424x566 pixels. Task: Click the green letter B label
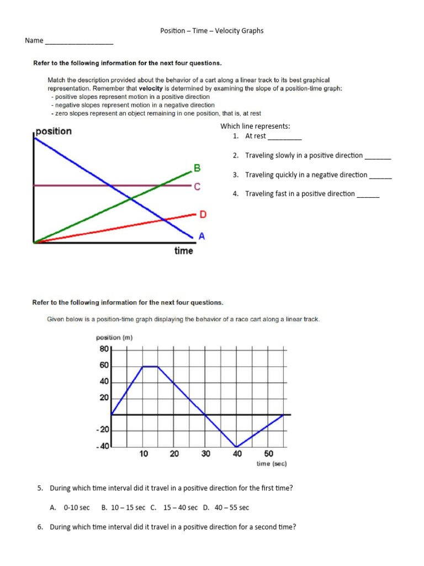tap(197, 167)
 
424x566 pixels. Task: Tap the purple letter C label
tap(197, 187)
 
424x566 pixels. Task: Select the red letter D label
tap(203, 214)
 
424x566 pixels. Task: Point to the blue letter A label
tap(202, 236)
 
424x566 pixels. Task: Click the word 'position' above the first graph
tap(54, 132)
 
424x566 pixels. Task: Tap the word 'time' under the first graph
tap(184, 251)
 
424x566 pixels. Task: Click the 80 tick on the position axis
tap(104, 349)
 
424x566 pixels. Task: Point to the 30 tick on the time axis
tap(206, 454)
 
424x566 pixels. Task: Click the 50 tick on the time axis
tap(269, 454)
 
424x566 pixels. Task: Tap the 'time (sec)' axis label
tap(272, 464)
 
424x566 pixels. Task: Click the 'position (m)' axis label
tap(114, 338)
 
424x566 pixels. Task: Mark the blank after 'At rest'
tap(284, 137)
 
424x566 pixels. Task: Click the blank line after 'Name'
tap(79, 42)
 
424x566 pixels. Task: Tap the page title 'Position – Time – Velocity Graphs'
tap(212, 31)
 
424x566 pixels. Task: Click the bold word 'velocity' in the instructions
tap(150, 88)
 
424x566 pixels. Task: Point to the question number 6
tap(40, 527)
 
